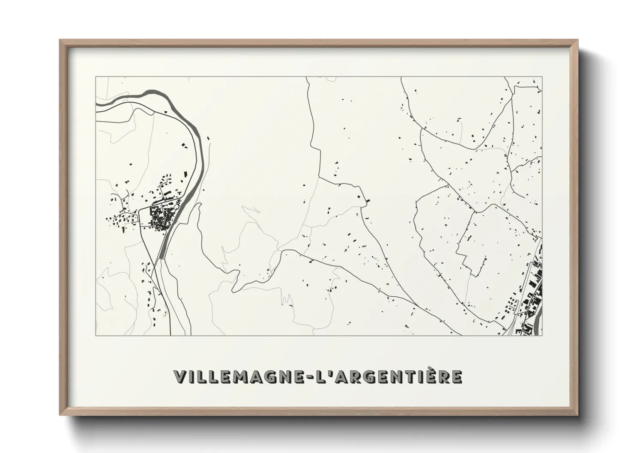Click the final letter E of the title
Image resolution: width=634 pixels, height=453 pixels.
point(457,377)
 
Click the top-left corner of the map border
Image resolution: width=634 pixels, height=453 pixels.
point(96,77)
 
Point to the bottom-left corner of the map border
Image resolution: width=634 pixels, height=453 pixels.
point(96,335)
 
